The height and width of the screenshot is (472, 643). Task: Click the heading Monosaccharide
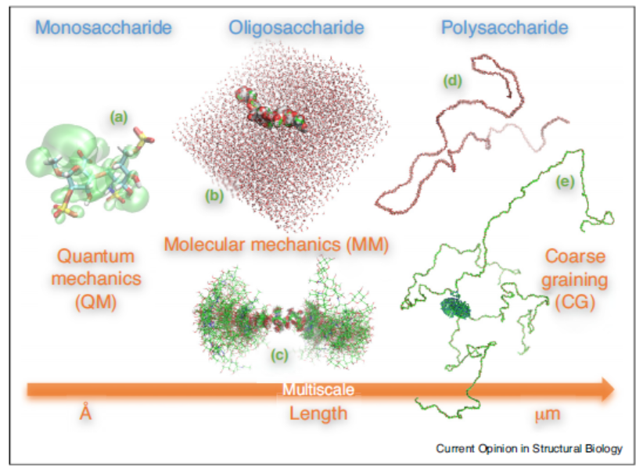coord(103,29)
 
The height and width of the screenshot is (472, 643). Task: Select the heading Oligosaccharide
coord(296,29)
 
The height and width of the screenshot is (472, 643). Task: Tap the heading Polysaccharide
coord(504,29)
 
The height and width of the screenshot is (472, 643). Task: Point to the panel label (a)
coord(119,117)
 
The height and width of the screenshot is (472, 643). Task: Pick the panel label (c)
coord(279,355)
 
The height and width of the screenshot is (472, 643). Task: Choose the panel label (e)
coord(564,182)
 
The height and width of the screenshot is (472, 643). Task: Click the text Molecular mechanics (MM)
coord(277,244)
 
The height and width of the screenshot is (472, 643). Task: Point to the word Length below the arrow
coord(318,413)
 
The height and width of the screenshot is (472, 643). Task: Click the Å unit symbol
coord(86,413)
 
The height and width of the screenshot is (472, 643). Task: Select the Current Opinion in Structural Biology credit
coord(530,448)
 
